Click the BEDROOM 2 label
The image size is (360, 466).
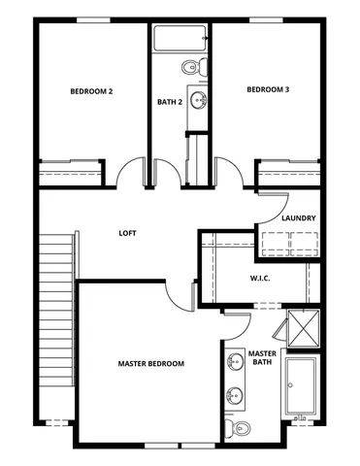click(91, 91)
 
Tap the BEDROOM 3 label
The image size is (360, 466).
click(267, 89)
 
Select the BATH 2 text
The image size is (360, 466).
click(170, 101)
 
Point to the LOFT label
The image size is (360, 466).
click(127, 233)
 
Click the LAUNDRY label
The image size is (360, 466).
click(298, 218)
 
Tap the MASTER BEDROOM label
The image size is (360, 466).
click(150, 363)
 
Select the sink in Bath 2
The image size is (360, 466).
click(199, 99)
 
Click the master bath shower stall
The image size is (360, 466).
click(305, 327)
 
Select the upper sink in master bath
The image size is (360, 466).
click(234, 363)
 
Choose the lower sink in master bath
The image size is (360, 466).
click(234, 395)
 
